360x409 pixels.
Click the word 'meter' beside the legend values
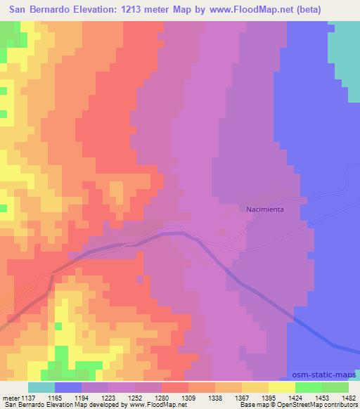pyautogui.click(x=9, y=397)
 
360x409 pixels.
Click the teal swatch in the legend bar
pyautogui.click(x=41, y=387)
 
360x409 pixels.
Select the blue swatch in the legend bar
pyautogui.click(x=68, y=387)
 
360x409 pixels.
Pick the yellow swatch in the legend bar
pyautogui.click(x=282, y=387)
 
